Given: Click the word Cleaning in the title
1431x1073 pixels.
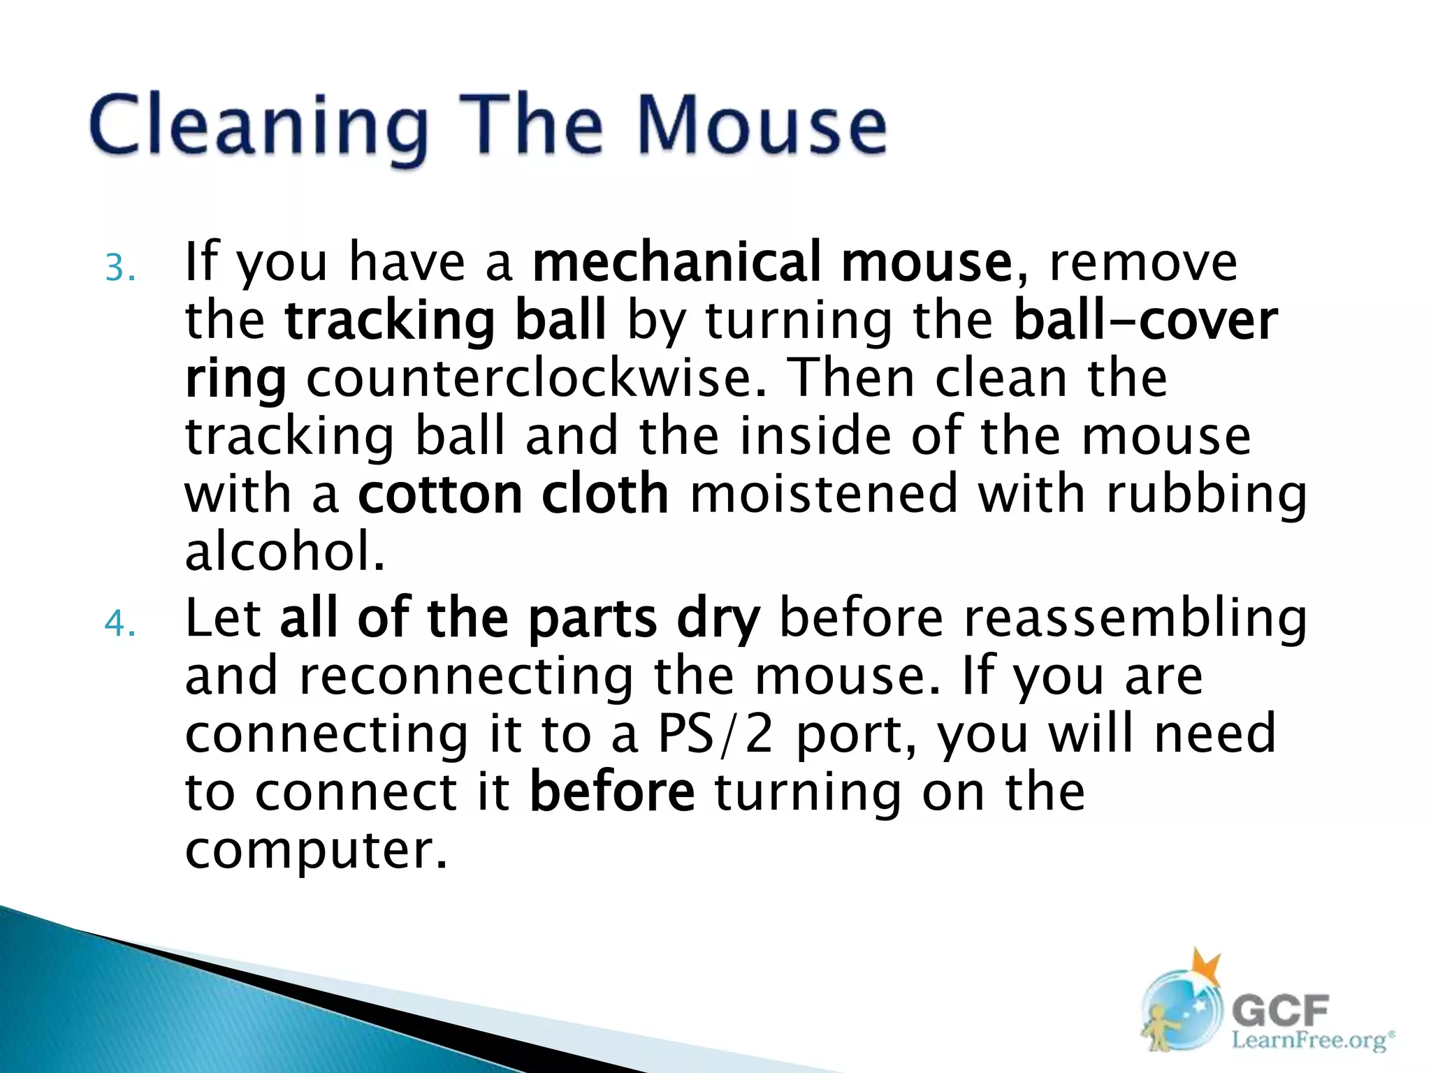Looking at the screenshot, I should [x=257, y=126].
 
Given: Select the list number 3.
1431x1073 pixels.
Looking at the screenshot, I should [x=119, y=268].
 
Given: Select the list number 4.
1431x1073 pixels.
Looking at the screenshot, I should [x=119, y=623].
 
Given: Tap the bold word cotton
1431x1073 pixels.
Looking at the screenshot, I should [x=440, y=494].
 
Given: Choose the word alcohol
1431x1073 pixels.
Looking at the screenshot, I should [x=283, y=551].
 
